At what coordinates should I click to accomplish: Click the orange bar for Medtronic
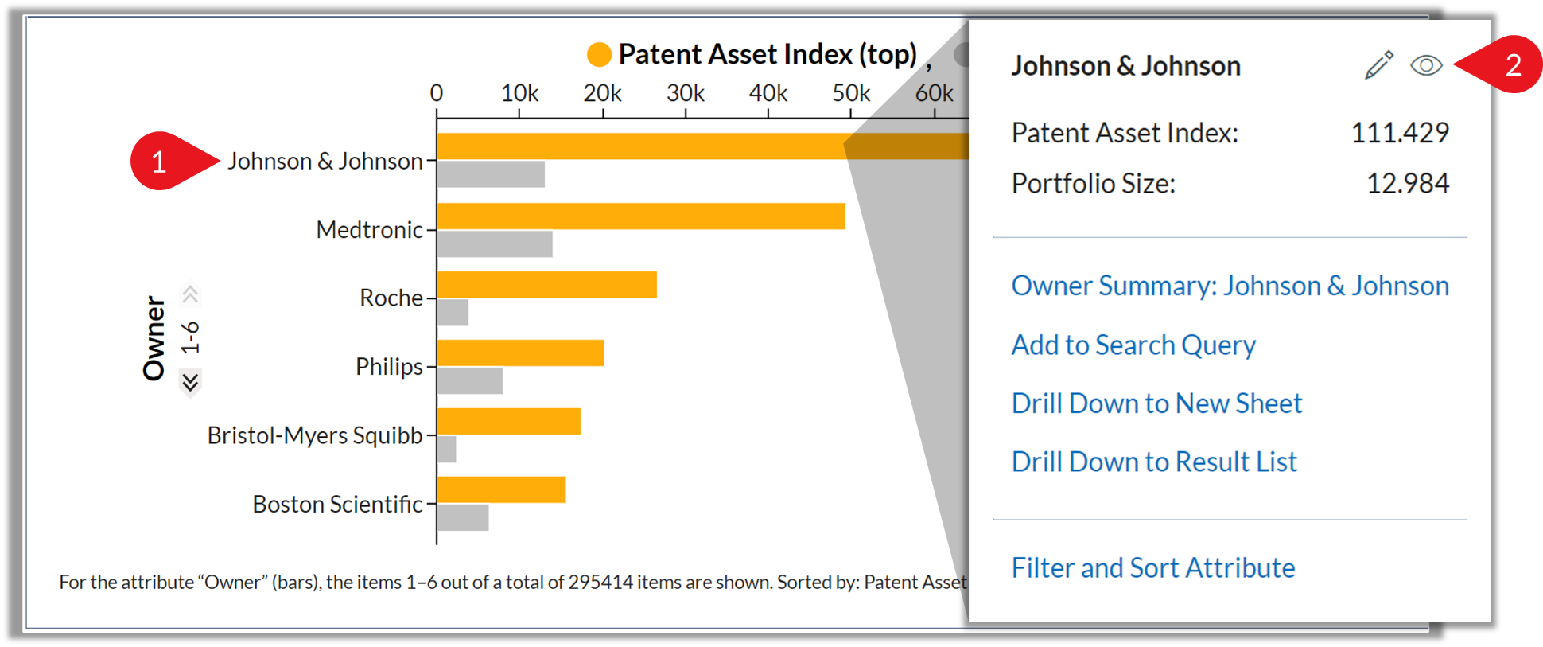click(x=641, y=216)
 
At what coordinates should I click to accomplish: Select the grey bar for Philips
click(x=470, y=380)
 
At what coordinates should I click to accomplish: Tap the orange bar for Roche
click(x=547, y=285)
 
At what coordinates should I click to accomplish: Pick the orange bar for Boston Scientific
click(x=501, y=489)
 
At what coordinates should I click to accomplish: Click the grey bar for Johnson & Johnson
click(x=491, y=174)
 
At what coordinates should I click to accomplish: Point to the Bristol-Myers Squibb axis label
click(x=315, y=435)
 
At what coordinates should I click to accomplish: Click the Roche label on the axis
click(x=391, y=298)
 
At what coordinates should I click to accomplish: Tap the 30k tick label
click(x=686, y=93)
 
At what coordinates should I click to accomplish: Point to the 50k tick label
click(x=851, y=93)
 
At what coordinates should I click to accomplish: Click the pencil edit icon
click(x=1379, y=65)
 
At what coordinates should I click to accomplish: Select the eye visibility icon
click(x=1426, y=65)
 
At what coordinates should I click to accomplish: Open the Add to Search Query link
click(x=1133, y=345)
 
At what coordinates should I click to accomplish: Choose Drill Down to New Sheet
click(x=1156, y=403)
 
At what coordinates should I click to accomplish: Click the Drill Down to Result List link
click(x=1154, y=462)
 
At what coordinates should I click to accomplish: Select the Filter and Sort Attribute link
click(x=1153, y=567)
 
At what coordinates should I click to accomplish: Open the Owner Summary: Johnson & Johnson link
click(x=1230, y=286)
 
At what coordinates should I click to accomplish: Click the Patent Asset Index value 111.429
click(x=1400, y=132)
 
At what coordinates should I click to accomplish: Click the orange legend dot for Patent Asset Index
click(x=599, y=54)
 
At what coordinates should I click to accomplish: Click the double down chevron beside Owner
click(x=190, y=383)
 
